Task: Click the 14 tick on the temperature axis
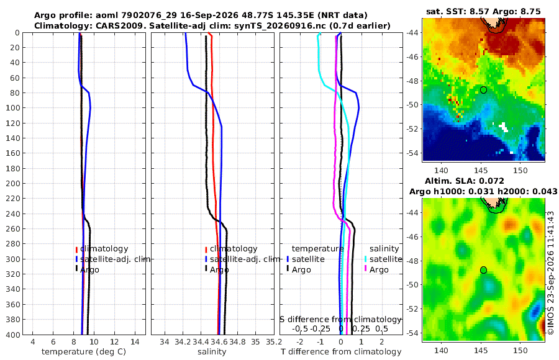[135, 341]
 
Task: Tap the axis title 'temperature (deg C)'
[84, 352]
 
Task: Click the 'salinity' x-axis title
[212, 352]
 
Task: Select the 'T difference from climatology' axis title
[341, 352]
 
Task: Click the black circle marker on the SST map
[483, 90]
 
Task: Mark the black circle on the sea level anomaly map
[483, 270]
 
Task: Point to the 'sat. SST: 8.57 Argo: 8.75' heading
[483, 11]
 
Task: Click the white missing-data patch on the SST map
[503, 127]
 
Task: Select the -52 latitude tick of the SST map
[413, 128]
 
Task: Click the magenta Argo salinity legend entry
[377, 270]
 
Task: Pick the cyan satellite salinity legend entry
[383, 259]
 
